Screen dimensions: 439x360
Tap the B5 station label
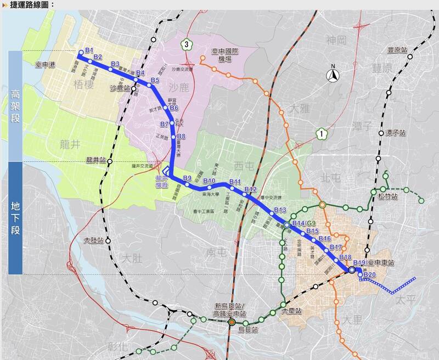[155, 81]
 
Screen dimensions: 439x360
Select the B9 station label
[187, 178]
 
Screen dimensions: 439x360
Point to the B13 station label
[280, 210]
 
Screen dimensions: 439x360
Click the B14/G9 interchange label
[305, 223]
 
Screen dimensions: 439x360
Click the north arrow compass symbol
[333, 76]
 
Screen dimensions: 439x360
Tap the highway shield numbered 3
[187, 43]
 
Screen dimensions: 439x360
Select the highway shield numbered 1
[320, 132]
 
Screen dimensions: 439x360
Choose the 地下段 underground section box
[15, 218]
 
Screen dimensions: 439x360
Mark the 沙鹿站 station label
[121, 87]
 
